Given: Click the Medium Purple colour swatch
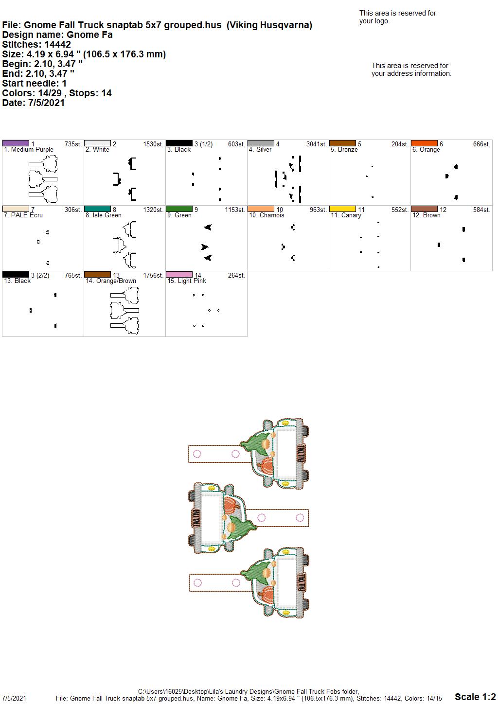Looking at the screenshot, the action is click(16, 143).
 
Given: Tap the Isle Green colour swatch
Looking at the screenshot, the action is click(97, 209).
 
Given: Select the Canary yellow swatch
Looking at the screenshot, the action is click(343, 209).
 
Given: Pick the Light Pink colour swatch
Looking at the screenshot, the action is click(179, 275).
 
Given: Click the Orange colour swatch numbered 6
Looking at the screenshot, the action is click(425, 143).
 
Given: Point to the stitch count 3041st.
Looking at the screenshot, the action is click(317, 144).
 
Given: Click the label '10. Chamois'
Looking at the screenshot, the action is click(267, 215).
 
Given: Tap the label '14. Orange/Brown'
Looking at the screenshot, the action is click(111, 281).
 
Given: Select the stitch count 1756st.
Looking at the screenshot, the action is click(153, 275).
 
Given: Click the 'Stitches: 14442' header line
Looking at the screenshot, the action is click(36, 44).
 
